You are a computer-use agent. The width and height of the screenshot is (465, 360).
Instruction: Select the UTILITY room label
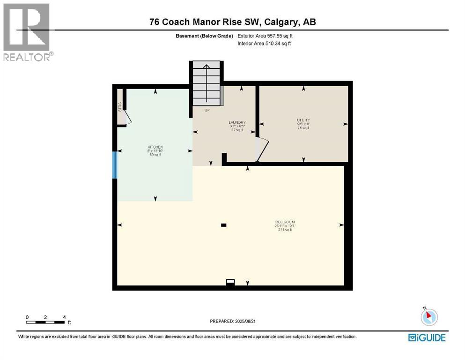tap(303, 120)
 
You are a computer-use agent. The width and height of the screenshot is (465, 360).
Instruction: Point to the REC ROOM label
tap(285, 222)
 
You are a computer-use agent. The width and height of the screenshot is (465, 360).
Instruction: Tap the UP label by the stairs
tap(206, 111)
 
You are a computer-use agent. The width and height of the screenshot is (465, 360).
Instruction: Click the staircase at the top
tap(206, 84)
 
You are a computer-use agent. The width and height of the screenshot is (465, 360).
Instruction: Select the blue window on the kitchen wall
tap(114, 165)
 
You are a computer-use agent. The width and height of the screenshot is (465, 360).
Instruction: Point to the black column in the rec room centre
tap(224, 225)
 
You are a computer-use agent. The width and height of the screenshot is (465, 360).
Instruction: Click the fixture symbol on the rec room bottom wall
tap(230, 282)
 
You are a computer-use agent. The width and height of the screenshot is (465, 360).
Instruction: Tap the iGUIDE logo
tap(427, 337)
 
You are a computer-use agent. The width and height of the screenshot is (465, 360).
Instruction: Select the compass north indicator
tap(428, 317)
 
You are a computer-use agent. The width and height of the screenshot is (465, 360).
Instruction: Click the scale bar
tap(45, 322)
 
